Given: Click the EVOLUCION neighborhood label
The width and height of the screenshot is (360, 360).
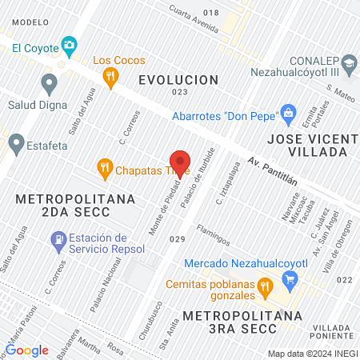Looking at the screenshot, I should pyautogui.click(x=178, y=80).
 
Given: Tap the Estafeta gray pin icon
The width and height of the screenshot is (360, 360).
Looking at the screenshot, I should pyautogui.click(x=15, y=144).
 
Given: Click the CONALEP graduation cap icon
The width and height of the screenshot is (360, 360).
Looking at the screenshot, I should pyautogui.click(x=349, y=62).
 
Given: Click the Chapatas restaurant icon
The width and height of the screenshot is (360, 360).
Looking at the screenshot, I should pyautogui.click(x=104, y=169).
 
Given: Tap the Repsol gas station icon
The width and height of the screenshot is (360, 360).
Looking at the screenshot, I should pyautogui.click(x=58, y=239).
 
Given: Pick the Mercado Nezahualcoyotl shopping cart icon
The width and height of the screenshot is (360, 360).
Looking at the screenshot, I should pyautogui.click(x=290, y=280).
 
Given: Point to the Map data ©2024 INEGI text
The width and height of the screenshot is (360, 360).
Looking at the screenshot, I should pyautogui.click(x=312, y=354).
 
